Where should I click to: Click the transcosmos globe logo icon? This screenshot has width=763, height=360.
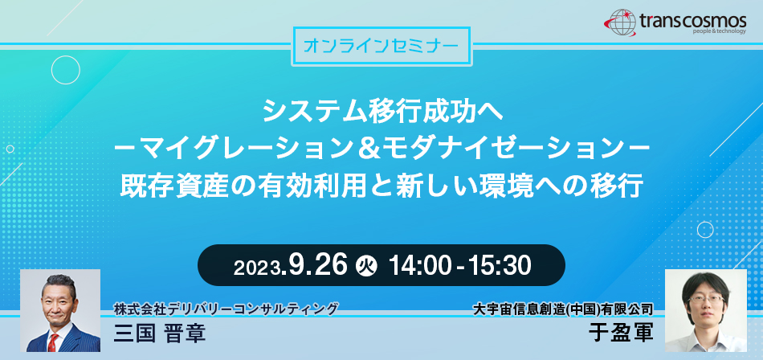click(x=620, y=22)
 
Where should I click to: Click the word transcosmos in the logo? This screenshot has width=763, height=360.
click(x=693, y=20)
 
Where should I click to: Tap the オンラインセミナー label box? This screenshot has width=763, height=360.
click(x=381, y=47)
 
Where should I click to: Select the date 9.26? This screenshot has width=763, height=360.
click(x=318, y=265)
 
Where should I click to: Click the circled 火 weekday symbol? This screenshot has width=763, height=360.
click(x=366, y=266)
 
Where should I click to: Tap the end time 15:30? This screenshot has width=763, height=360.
click(x=500, y=265)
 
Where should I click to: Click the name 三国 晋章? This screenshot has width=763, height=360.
click(x=160, y=333)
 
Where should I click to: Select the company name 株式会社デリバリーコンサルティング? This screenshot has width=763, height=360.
click(x=226, y=309)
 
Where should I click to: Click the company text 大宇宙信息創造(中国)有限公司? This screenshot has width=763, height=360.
click(x=563, y=309)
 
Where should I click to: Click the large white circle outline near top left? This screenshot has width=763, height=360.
click(x=66, y=70)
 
